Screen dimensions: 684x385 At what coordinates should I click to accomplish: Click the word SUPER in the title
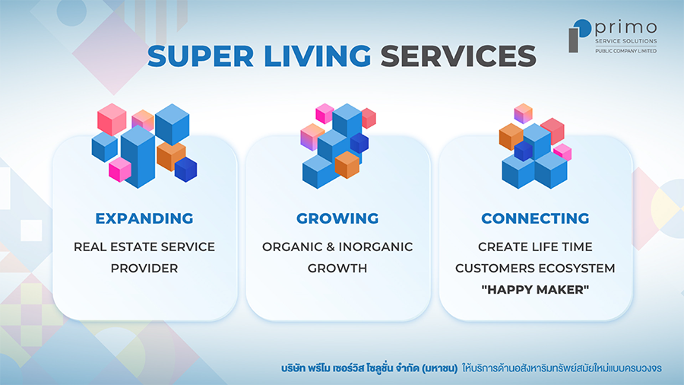point(201,56)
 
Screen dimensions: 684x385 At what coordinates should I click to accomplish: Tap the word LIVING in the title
point(318,56)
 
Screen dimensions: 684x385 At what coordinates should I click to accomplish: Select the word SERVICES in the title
point(458,56)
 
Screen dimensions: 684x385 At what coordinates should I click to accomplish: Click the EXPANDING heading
point(144,218)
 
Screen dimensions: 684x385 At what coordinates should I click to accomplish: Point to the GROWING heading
point(337,218)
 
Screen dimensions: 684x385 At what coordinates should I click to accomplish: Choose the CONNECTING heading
point(535,218)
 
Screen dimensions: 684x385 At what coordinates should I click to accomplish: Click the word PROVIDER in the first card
point(144,268)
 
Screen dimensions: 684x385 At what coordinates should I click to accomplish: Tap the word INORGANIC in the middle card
point(375,247)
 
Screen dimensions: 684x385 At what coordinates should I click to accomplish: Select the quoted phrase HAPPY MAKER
point(535,289)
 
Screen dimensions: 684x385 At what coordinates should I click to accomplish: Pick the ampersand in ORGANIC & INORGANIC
point(331,247)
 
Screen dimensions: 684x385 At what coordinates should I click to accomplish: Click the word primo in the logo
point(626,27)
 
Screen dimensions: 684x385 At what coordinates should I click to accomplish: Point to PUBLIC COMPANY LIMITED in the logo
point(626,51)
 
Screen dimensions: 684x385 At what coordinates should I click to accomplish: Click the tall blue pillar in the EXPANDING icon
point(138,157)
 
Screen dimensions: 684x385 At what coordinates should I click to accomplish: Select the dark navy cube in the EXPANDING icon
point(186,170)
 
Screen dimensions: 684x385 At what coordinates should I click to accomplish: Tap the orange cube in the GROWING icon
point(347,165)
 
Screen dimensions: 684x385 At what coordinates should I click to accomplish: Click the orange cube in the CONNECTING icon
point(510,136)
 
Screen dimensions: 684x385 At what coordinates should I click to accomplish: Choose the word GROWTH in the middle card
point(337,268)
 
